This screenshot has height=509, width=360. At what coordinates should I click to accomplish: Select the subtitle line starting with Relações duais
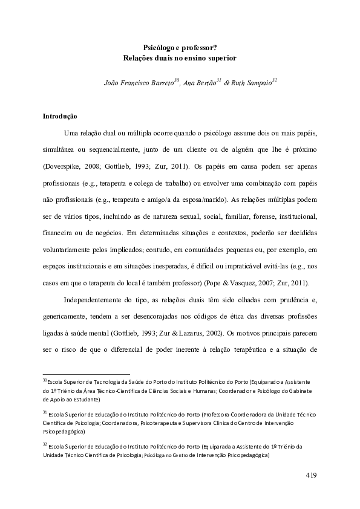(180, 59)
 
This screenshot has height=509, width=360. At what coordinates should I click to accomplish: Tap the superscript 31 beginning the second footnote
(45, 412)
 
